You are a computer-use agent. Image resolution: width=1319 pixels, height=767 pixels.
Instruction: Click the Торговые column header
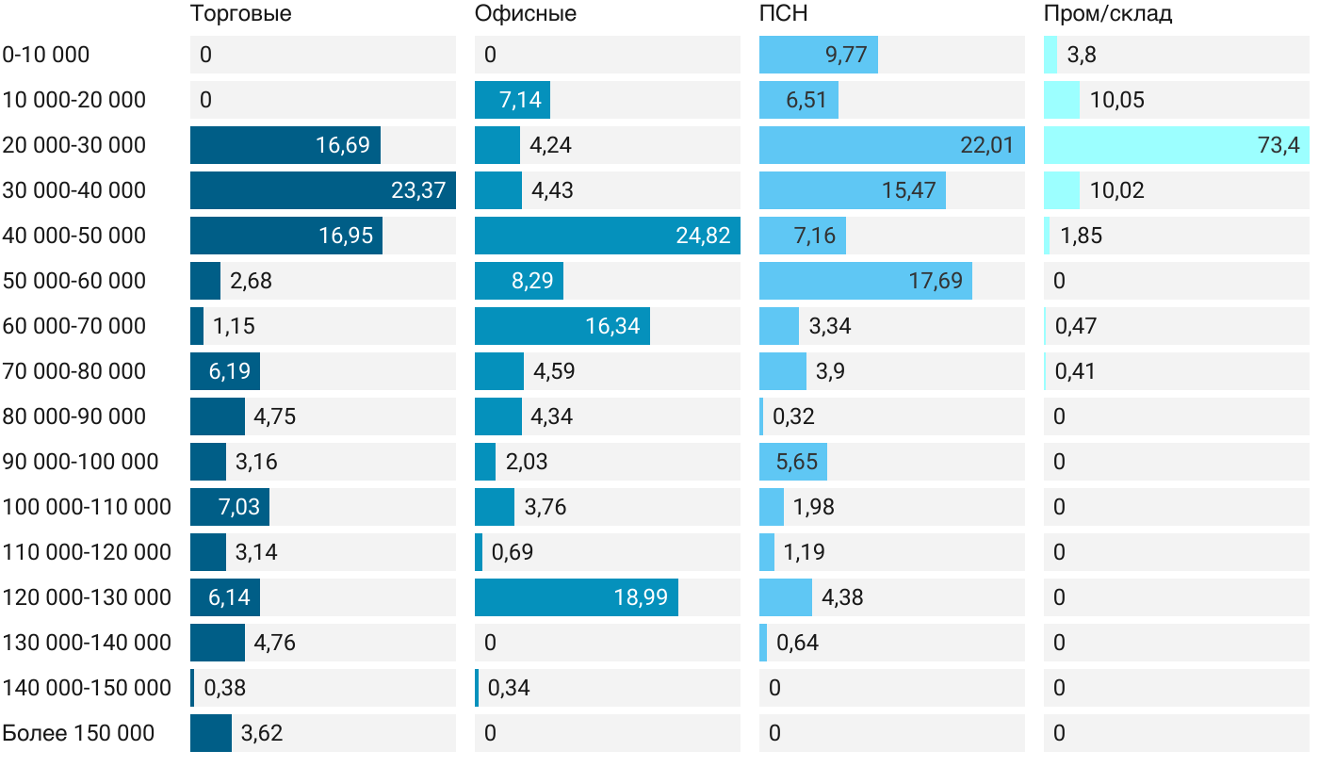[240, 14]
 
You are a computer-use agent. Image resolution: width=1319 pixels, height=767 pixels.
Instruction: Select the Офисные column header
[526, 14]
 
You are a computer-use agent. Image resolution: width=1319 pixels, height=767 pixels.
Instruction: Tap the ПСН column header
[784, 14]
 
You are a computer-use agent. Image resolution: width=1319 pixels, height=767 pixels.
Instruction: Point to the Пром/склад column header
[1108, 14]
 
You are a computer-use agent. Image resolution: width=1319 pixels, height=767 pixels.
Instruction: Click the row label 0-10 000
[46, 55]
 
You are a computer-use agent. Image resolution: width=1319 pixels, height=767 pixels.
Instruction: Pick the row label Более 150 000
[78, 733]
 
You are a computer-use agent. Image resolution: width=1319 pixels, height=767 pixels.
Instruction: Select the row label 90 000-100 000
[80, 462]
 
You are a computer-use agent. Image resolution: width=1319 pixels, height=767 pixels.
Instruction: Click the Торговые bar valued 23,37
[323, 190]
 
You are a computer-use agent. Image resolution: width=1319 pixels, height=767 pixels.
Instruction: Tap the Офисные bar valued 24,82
[607, 236]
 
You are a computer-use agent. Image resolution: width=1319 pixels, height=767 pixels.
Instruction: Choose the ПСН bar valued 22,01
[891, 145]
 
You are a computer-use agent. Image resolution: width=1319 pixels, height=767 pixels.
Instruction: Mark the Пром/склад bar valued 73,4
[1176, 145]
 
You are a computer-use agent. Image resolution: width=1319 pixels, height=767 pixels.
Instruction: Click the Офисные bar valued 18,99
[576, 597]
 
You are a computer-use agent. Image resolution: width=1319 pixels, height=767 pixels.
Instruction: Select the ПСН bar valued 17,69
[865, 281]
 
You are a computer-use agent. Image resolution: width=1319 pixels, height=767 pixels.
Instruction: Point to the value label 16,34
[612, 326]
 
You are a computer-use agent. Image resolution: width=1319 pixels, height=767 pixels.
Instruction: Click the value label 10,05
[1117, 100]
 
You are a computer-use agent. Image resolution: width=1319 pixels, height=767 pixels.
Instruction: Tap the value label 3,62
[262, 733]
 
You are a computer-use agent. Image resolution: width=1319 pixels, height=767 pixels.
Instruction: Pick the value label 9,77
[846, 55]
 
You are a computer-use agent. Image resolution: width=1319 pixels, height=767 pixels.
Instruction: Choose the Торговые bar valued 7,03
[230, 507]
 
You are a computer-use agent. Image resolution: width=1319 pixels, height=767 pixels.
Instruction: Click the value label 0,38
[224, 688]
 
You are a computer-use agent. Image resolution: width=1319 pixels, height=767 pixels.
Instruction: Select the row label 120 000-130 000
[87, 597]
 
